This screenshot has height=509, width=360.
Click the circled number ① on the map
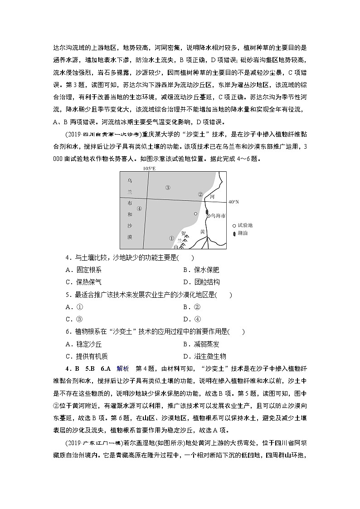pyautogui.click(x=171, y=238)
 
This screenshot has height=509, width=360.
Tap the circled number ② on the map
pyautogui.click(x=200, y=194)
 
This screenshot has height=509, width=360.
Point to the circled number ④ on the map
pyautogui.click(x=139, y=208)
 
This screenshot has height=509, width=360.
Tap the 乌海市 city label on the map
pyautogui.click(x=218, y=217)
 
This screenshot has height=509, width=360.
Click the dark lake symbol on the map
pyautogui.click(x=207, y=212)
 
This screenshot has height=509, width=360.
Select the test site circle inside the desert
pyautogui.click(x=195, y=213)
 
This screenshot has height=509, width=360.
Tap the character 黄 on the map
pyautogui.click(x=203, y=232)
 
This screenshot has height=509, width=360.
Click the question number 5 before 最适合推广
pyautogui.click(x=67, y=295)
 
